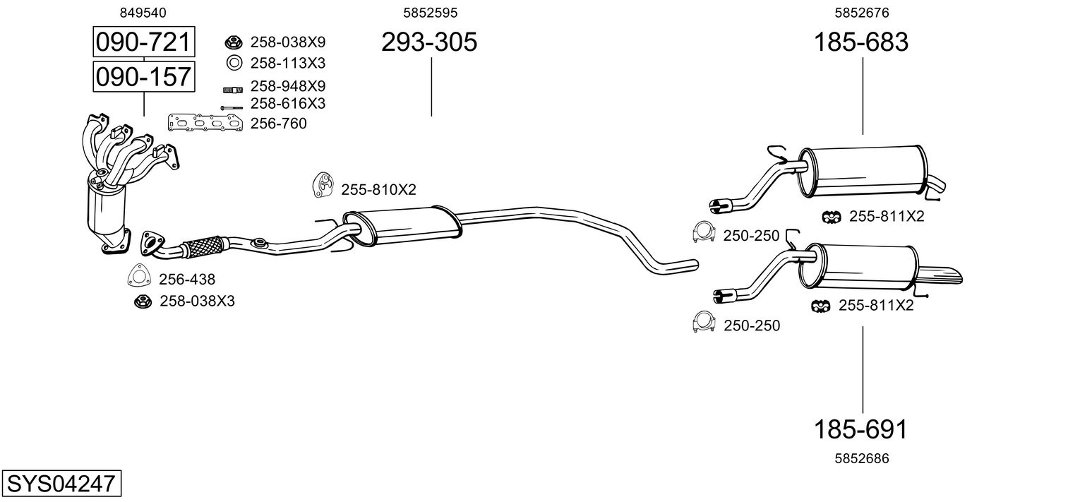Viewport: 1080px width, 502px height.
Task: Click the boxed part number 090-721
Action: point(143,42)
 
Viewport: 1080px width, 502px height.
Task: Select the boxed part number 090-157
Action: point(143,76)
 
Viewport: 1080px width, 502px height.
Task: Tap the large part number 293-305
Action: point(429,42)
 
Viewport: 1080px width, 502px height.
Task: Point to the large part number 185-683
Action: point(861,42)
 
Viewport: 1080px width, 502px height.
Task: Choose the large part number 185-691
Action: point(861,429)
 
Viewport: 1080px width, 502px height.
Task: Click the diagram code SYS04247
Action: point(61,484)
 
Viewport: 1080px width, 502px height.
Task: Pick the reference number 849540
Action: point(143,12)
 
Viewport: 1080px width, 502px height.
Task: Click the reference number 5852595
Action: point(430,12)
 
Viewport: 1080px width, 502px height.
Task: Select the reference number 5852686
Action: point(861,458)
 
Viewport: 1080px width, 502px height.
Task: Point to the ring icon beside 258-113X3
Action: point(234,63)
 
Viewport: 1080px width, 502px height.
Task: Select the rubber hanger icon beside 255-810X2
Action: point(323,185)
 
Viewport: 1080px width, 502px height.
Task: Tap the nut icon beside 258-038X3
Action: point(143,301)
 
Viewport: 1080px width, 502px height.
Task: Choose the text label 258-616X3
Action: point(287,104)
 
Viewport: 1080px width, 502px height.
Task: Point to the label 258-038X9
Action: point(287,42)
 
